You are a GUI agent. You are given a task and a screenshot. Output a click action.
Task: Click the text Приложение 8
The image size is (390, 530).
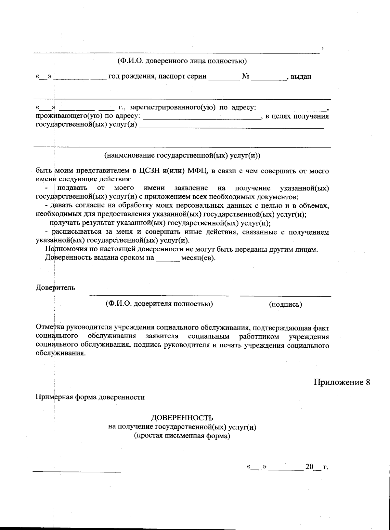pos(342,382)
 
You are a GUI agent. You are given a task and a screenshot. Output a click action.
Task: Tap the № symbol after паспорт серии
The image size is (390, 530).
pos(246,77)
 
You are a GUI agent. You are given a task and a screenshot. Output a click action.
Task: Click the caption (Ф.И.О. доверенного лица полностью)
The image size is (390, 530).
pos(182,61)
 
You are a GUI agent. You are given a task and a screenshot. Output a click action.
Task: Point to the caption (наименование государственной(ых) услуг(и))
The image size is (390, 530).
pos(182,156)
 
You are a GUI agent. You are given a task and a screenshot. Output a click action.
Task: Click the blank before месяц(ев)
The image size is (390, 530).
pos(168,260)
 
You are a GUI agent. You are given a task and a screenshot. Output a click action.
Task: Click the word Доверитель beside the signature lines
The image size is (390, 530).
pos(55,287)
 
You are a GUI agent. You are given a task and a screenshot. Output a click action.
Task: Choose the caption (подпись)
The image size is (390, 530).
pos(285,304)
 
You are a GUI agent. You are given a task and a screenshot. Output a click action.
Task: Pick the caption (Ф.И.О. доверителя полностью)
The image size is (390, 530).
pos(159,304)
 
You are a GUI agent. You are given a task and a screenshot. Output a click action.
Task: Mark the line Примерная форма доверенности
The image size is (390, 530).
pos(90,397)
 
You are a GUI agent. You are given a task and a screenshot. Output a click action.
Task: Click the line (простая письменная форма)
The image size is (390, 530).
pos(182,436)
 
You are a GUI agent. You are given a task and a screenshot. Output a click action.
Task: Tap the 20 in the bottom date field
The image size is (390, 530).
pos(309,467)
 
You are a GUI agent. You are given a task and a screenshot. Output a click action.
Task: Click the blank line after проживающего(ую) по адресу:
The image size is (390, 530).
pos(202,119)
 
